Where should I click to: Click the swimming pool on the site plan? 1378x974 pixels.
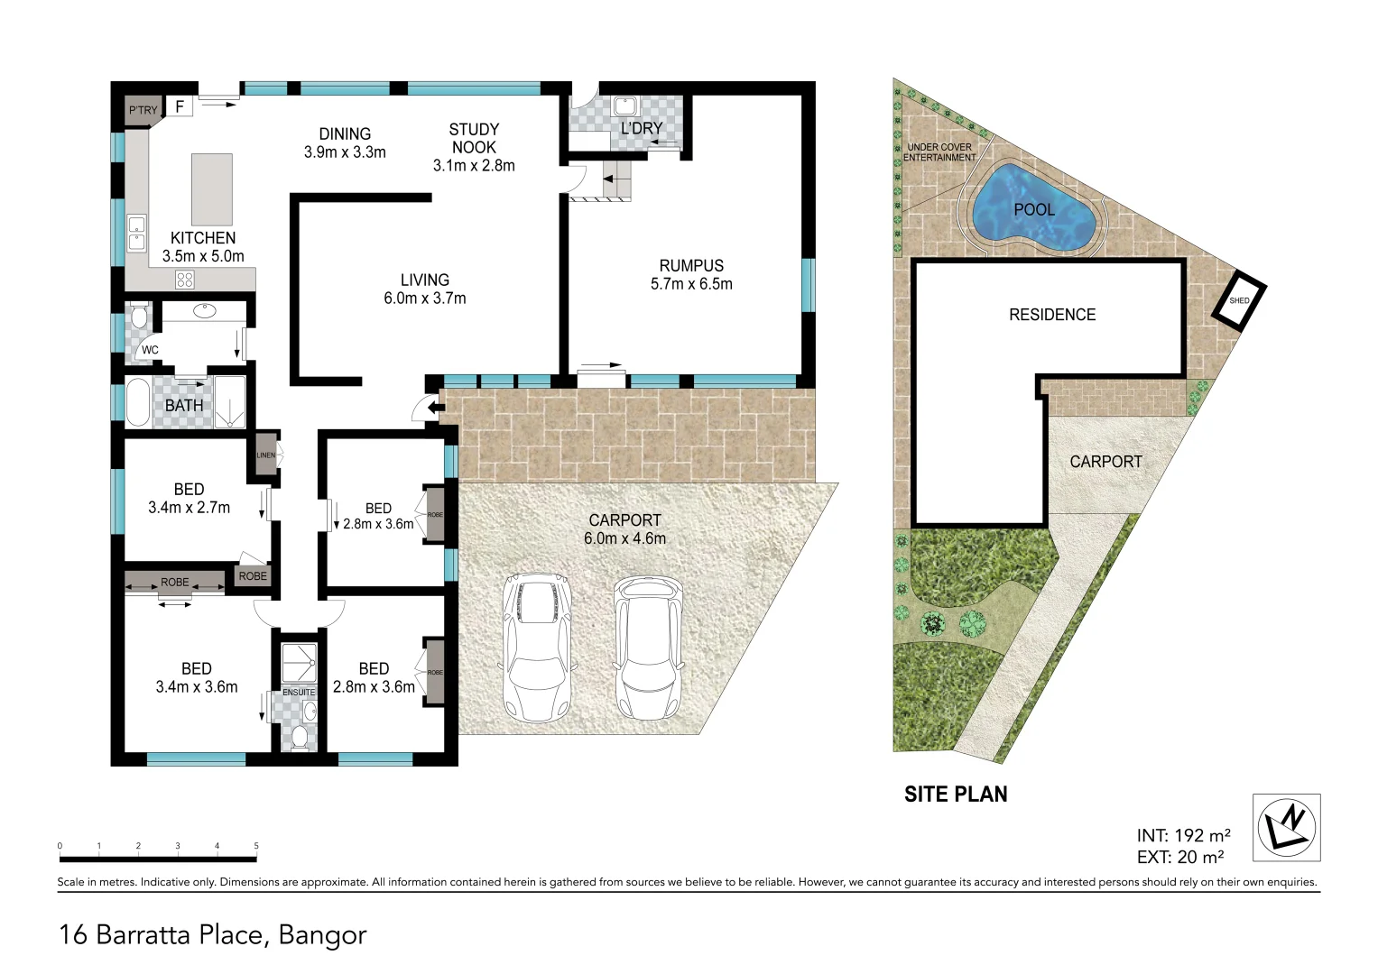click(x=1033, y=210)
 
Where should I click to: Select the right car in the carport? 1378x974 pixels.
click(x=648, y=648)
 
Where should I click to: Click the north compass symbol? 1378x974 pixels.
click(x=1286, y=827)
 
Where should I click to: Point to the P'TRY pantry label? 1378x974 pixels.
click(x=142, y=110)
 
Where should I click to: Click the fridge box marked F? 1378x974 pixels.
click(x=180, y=106)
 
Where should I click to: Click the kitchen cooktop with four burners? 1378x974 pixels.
click(x=185, y=280)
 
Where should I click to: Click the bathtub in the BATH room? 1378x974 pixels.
click(x=137, y=402)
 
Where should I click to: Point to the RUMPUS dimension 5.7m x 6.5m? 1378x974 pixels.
click(x=691, y=284)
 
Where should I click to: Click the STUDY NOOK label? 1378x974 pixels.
click(x=474, y=138)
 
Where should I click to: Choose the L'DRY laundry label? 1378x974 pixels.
click(x=642, y=129)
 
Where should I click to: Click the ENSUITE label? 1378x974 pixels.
click(x=299, y=693)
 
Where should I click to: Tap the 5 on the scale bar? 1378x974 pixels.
click(x=256, y=846)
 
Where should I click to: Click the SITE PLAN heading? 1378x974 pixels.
click(x=956, y=795)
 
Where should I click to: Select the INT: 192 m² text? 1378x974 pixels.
click(x=1183, y=836)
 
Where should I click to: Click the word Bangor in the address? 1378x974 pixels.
click(x=322, y=935)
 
